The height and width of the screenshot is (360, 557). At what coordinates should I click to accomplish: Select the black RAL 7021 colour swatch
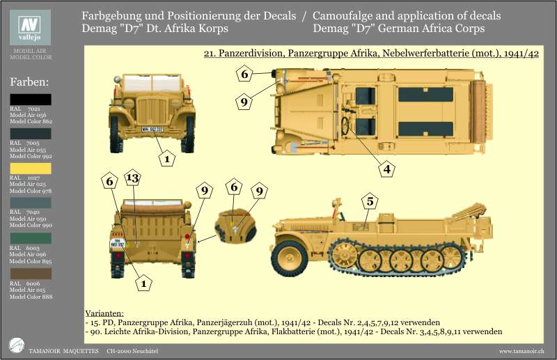coord(30,100)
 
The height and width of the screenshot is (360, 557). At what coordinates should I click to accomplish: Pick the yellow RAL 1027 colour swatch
coord(30,168)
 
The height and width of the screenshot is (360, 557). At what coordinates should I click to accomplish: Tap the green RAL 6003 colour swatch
coord(30,237)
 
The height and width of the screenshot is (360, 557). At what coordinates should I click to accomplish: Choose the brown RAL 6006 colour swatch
coord(30,273)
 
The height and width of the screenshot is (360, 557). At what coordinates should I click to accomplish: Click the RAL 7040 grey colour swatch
coord(30,203)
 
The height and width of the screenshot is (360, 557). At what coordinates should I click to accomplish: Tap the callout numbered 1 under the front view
coord(166,159)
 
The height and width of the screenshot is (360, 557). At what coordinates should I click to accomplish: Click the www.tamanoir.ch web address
coord(521,350)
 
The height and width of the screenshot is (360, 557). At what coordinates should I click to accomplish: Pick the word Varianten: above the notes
coord(104,313)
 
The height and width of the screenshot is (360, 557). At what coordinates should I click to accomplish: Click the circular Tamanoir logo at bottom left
coord(16,345)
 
